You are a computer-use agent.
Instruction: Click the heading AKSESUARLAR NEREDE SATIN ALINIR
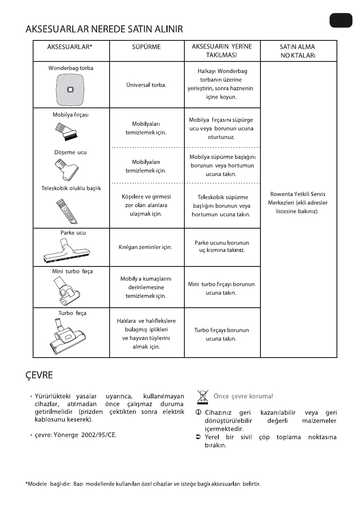[104, 29]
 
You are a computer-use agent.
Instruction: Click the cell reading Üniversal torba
[146, 85]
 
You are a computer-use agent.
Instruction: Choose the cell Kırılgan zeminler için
[145, 248]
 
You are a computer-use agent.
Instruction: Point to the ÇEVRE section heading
[40, 375]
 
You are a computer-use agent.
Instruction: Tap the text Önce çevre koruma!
[243, 396]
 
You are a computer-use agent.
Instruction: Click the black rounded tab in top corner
[341, 20]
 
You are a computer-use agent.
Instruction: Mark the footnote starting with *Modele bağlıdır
[143, 484]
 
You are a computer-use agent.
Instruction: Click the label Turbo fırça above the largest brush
[72, 313]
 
